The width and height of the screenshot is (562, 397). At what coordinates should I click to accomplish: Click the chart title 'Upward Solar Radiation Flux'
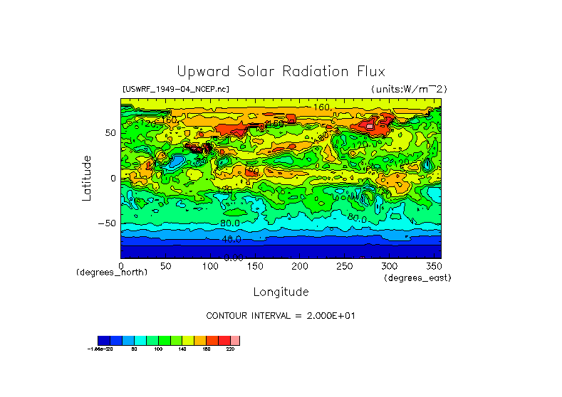(x=281, y=72)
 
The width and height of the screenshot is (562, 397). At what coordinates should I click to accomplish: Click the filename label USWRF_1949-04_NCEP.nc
(x=176, y=89)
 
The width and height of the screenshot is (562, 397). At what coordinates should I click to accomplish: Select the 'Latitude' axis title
(x=87, y=178)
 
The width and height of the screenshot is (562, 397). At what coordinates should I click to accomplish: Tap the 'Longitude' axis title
(x=281, y=292)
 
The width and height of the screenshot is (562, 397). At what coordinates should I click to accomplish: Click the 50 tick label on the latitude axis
(x=110, y=132)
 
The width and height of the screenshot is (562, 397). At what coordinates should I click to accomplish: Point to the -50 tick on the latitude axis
(x=108, y=223)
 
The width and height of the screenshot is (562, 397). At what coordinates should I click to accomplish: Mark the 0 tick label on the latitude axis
(x=113, y=178)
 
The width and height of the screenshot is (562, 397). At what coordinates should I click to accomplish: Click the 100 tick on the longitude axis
(x=210, y=265)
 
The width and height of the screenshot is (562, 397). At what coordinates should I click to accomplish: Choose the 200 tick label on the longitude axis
(x=300, y=265)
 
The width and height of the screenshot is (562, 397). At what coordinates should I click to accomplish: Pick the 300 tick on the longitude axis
(x=390, y=265)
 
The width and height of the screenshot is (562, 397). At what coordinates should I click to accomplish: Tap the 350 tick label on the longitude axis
(x=433, y=265)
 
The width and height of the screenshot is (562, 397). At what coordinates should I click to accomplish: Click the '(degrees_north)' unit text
(x=112, y=272)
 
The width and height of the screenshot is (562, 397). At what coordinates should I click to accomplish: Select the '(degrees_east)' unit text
(x=417, y=277)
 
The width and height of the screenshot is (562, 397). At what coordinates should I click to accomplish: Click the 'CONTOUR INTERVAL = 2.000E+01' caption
(x=280, y=315)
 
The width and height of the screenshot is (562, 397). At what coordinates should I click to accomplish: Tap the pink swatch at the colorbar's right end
(x=235, y=341)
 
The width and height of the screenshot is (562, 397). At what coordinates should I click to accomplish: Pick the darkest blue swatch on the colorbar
(x=103, y=341)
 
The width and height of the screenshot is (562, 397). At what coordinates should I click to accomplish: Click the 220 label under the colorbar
(x=229, y=349)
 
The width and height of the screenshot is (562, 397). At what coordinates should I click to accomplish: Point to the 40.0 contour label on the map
(x=231, y=240)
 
